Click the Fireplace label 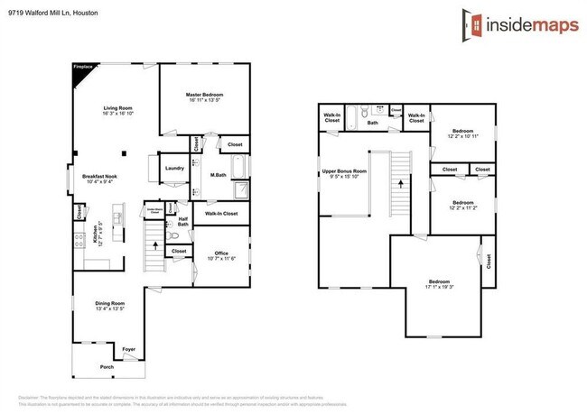coord(82,66)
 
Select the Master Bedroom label coord(204,94)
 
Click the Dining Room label coord(110,303)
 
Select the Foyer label coord(129,348)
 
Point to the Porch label coord(107,367)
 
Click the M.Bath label coord(218,174)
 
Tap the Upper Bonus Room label coord(346,170)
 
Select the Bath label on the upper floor coord(372,122)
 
